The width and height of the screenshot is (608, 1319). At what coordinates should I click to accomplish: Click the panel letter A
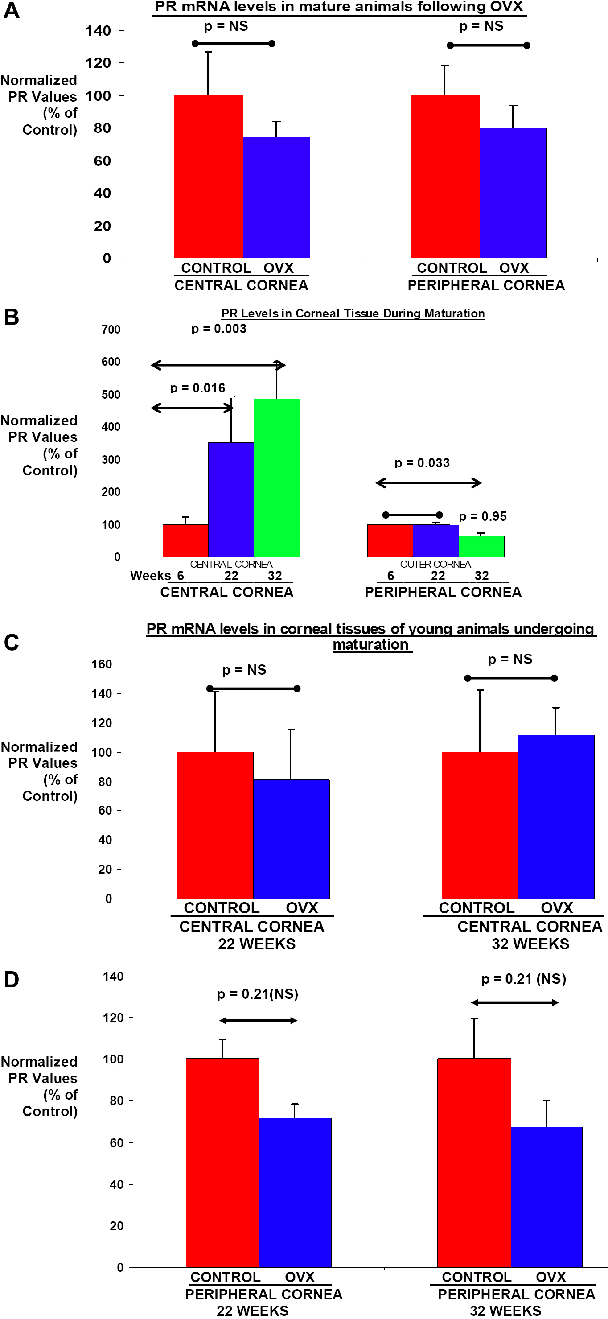pos(11,10)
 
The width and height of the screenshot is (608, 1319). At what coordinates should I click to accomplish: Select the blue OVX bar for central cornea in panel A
pos(276,197)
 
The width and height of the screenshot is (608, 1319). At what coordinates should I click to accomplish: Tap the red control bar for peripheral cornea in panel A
pos(445,177)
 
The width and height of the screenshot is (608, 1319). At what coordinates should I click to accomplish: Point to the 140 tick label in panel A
pos(98,31)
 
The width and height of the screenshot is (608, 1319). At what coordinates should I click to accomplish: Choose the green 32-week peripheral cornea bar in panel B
pos(481,546)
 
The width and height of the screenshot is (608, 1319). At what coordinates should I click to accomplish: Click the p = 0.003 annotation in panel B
pos(219,329)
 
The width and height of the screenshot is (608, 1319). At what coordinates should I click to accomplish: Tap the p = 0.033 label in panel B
pos(422,463)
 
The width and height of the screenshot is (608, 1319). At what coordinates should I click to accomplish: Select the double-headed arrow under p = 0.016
pos(193,408)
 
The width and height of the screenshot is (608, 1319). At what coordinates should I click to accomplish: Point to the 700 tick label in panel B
pos(111,330)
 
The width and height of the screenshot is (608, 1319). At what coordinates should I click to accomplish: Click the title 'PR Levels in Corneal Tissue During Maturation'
pos(353,313)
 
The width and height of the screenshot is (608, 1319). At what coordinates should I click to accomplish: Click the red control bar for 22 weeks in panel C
pos(215,825)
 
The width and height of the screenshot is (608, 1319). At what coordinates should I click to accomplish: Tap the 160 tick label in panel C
pos(101,664)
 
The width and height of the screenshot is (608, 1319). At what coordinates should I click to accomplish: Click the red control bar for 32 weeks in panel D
pos(474,1163)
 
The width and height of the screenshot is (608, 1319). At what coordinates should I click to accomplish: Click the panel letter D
pos(11,980)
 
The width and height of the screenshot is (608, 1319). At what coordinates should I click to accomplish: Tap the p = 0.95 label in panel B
pos(483,517)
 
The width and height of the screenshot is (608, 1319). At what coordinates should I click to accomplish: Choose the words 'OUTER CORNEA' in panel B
pos(435,564)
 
